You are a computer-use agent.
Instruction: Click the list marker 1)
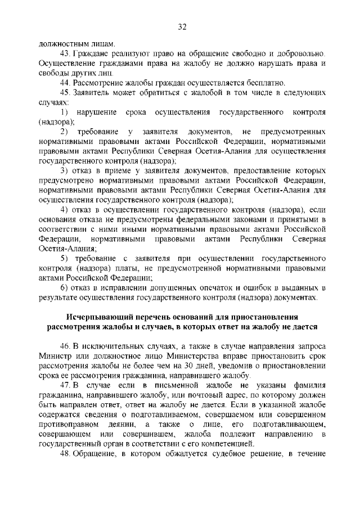tap(64, 112)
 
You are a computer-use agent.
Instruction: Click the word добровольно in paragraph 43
tap(300, 53)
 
